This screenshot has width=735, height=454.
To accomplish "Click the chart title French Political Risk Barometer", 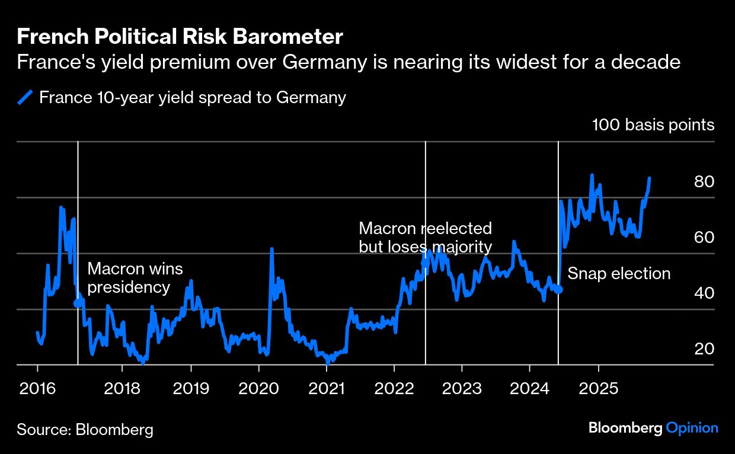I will [180, 37].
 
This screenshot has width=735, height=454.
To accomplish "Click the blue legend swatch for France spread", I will [25, 97].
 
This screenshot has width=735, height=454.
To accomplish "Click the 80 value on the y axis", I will [704, 182].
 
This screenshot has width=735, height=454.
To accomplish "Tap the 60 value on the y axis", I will [704, 238].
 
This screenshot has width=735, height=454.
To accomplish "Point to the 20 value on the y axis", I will [704, 349].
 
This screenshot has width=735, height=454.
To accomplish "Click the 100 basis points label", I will [653, 125].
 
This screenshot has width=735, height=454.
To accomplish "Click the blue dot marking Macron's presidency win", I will [78, 303].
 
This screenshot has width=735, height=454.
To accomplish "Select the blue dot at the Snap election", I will [558, 289].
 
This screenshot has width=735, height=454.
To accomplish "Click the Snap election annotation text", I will [619, 274].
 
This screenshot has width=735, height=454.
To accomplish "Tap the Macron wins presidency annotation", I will [129, 279].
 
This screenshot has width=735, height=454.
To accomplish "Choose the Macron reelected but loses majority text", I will [425, 238].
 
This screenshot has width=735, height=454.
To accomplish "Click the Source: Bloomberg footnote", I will [85, 430].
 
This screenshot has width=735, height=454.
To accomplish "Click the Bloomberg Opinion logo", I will [653, 428].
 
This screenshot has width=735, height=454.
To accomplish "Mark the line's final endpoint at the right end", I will [650, 178].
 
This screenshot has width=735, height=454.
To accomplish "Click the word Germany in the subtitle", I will [331, 62].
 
